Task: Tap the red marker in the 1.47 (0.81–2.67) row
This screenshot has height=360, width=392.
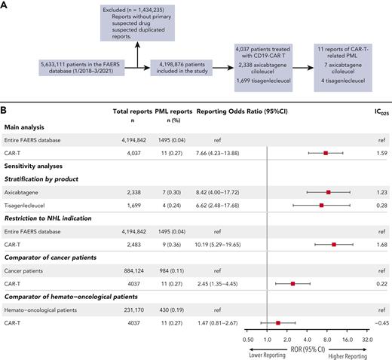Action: click(278, 323)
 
